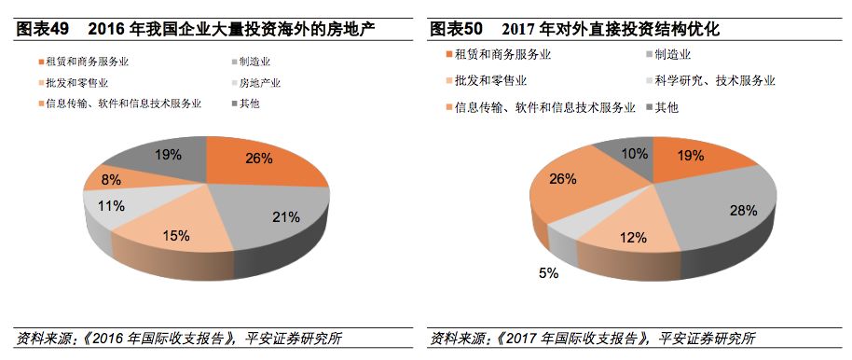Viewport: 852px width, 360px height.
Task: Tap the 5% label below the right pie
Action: (547, 273)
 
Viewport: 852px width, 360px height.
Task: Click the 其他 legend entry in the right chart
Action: (666, 108)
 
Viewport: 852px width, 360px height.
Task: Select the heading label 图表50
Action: (458, 29)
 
